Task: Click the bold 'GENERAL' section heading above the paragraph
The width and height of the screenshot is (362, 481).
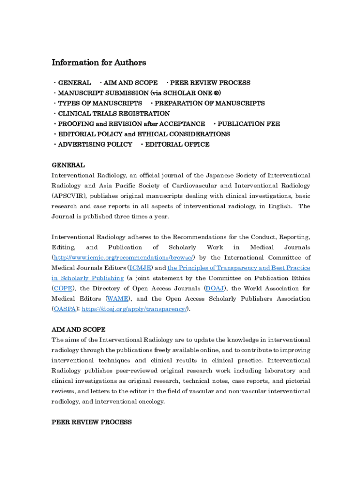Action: [x=68, y=165]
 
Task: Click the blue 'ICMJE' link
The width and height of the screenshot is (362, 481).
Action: [x=140, y=268]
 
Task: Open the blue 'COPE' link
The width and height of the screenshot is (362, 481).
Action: [x=63, y=288]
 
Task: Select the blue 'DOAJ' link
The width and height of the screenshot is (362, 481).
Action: [x=214, y=288]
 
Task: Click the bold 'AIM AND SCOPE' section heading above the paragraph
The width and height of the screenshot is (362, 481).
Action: [x=78, y=330]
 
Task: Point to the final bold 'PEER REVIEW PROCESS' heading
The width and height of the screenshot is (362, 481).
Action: [x=91, y=422]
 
